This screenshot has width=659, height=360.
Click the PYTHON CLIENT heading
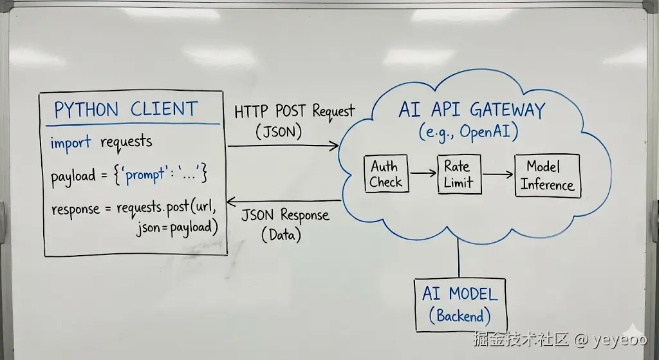coord(125,109)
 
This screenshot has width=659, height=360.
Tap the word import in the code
coord(71,143)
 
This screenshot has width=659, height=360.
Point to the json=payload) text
coord(177,227)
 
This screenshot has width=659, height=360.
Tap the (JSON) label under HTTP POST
coord(279,132)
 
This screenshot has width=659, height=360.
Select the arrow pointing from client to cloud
coord(283,147)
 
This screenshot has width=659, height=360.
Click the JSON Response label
coord(285,215)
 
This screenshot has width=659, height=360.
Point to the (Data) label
coord(282,235)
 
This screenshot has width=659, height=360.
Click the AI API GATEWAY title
coord(472,109)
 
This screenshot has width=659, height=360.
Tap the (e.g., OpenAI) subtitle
coord(469,132)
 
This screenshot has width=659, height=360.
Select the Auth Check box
coord(385,174)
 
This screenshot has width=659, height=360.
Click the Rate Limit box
coord(458,174)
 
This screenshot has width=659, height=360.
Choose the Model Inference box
coord(547,175)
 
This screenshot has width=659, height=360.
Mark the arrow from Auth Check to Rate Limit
coord(422,173)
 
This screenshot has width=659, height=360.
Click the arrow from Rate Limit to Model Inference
coord(497,174)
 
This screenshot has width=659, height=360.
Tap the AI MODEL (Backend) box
coord(459,305)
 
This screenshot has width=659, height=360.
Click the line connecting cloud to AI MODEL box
coord(459,258)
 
